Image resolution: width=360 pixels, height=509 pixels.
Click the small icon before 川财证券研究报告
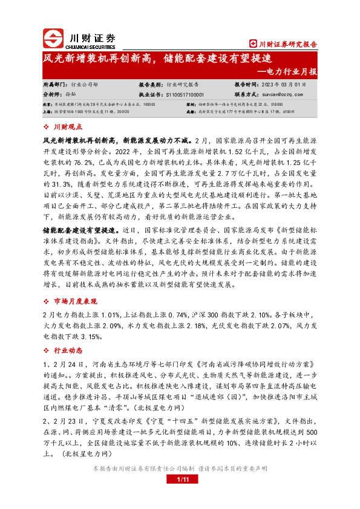(x=254, y=44)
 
